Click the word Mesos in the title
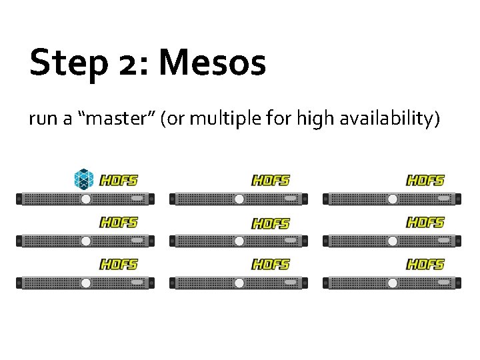[x=212, y=63]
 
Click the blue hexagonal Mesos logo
[x=84, y=179]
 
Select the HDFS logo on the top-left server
[x=118, y=180]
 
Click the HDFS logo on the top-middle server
[x=271, y=180]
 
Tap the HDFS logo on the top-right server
[x=425, y=180]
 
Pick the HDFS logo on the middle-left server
[x=118, y=222]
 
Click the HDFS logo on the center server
[x=271, y=223]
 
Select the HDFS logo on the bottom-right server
[x=425, y=265]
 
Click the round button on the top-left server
[x=85, y=199]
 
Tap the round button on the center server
[x=239, y=241]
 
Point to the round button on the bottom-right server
[x=392, y=283]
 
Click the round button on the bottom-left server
[x=85, y=283]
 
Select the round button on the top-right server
[x=392, y=199]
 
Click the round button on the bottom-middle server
[x=239, y=283]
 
